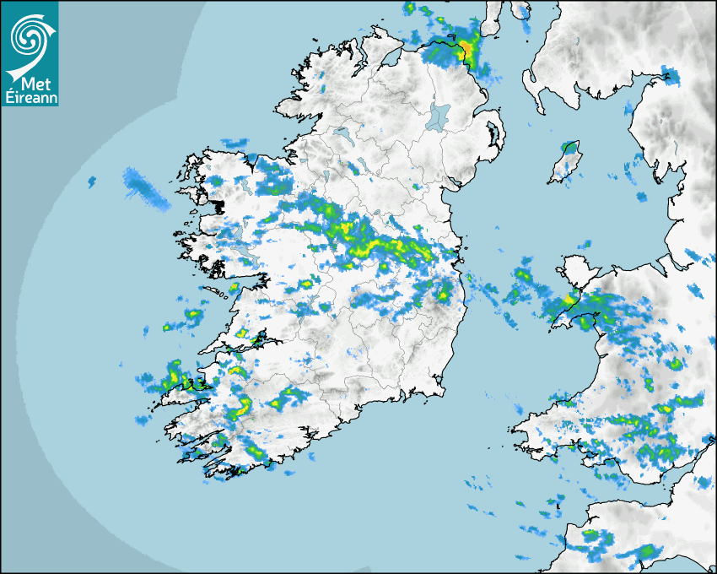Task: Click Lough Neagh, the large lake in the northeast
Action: coord(437,115)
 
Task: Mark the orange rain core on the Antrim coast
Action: coord(466,47)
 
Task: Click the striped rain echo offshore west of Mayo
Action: coord(144,188)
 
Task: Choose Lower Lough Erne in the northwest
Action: coord(342,133)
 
